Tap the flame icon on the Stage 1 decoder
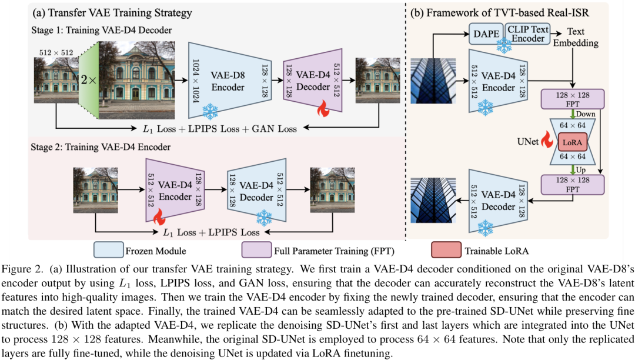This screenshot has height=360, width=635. (322, 109)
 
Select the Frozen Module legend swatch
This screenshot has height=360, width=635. (109, 251)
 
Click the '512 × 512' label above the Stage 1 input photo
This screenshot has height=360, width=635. (56, 52)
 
